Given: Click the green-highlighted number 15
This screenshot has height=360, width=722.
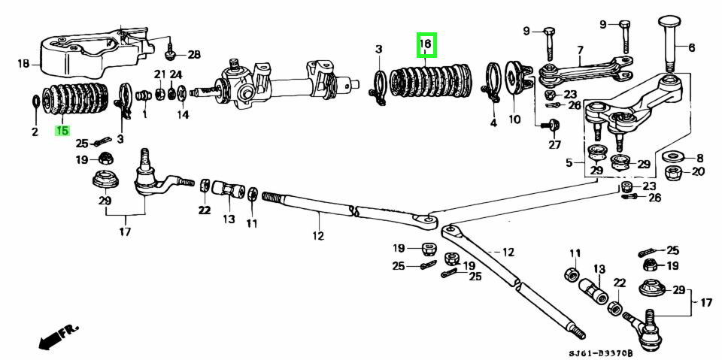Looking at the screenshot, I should pos(62,131).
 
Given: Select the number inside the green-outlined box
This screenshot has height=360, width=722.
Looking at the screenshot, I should pos(425,45).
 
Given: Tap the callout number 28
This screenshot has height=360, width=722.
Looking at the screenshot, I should pos(194,55).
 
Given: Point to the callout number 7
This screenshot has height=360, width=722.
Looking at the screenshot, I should pos(580,50).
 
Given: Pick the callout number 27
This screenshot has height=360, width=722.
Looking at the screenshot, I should pos(554,144).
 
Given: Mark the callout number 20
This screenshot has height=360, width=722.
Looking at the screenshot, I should pos(698,171).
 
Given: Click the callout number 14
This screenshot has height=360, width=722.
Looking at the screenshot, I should pos(183,115).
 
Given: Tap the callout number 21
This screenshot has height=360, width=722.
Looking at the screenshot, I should pos(159,74).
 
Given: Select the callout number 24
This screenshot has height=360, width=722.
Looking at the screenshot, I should pos(176,74).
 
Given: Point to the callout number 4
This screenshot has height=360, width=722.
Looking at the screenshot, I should pos(493,122).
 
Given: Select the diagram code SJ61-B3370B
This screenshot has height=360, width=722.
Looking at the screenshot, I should pos(599,352).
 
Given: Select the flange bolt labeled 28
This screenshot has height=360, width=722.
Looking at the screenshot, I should pos(171,53).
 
